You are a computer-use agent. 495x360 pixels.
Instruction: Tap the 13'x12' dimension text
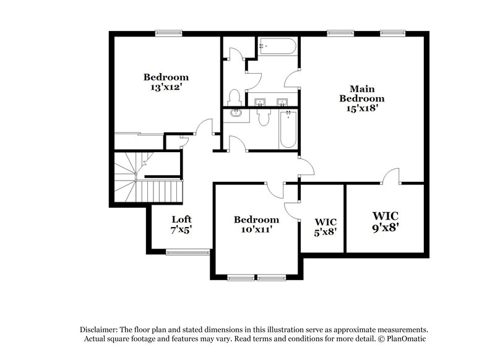(x=165, y=87)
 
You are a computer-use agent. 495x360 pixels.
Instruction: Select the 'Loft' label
(x=181, y=219)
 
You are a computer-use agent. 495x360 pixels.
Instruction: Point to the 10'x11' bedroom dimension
(x=256, y=229)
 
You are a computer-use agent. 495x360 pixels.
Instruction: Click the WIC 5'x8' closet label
(x=325, y=226)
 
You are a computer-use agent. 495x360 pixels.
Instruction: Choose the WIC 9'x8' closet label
(x=385, y=221)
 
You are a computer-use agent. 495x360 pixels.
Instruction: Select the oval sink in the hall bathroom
(x=236, y=113)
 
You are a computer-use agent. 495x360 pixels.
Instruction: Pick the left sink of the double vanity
(x=260, y=101)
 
